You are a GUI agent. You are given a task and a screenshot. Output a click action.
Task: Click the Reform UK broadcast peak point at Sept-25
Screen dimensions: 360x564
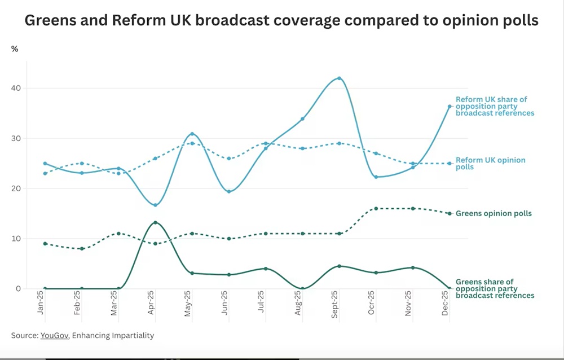click(339, 78)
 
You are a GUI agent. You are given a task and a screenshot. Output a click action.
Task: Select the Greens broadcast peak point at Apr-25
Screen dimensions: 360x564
click(155, 222)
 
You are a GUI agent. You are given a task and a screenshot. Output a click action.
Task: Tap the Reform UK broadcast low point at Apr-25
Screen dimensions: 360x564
click(155, 205)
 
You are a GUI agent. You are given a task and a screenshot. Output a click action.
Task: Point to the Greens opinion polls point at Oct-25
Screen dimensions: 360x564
click(376, 209)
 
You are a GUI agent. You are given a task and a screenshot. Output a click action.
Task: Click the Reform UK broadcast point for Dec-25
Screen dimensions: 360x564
click(450, 106)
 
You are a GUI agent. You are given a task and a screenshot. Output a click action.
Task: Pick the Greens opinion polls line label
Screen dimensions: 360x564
click(493, 214)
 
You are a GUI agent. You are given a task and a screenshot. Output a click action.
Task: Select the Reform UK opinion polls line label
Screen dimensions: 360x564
click(490, 164)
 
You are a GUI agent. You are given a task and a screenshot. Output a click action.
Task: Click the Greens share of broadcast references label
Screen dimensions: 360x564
click(495, 288)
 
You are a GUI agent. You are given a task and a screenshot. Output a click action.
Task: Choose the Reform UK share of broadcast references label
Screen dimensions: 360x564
click(495, 106)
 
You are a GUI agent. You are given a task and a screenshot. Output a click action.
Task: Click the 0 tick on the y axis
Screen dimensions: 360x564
click(19, 289)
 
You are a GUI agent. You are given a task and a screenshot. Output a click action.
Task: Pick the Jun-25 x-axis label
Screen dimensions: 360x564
click(226, 305)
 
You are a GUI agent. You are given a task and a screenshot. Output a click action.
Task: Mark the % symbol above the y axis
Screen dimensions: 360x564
click(15, 49)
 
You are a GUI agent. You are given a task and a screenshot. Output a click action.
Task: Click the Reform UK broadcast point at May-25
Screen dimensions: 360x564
click(192, 134)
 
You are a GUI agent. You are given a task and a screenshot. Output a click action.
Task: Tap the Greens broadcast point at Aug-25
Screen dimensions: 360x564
click(302, 288)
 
